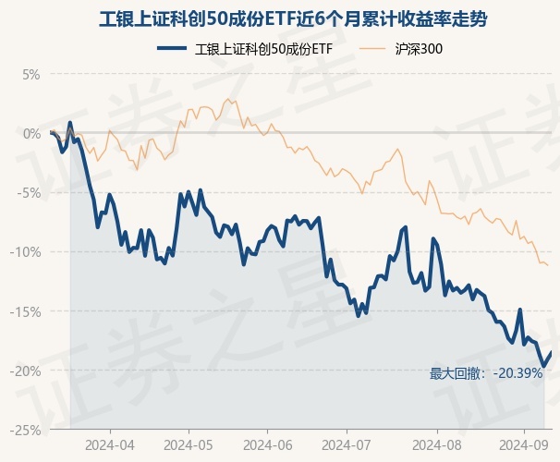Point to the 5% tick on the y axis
tap(31, 74)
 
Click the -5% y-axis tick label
tap(30, 192)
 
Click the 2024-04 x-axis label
tap(110, 444)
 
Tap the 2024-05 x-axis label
tap(189, 444)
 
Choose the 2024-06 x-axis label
tap(267, 444)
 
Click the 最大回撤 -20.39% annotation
tap(486, 374)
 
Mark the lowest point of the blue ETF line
tap(544, 367)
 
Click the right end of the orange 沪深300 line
tap(548, 265)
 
